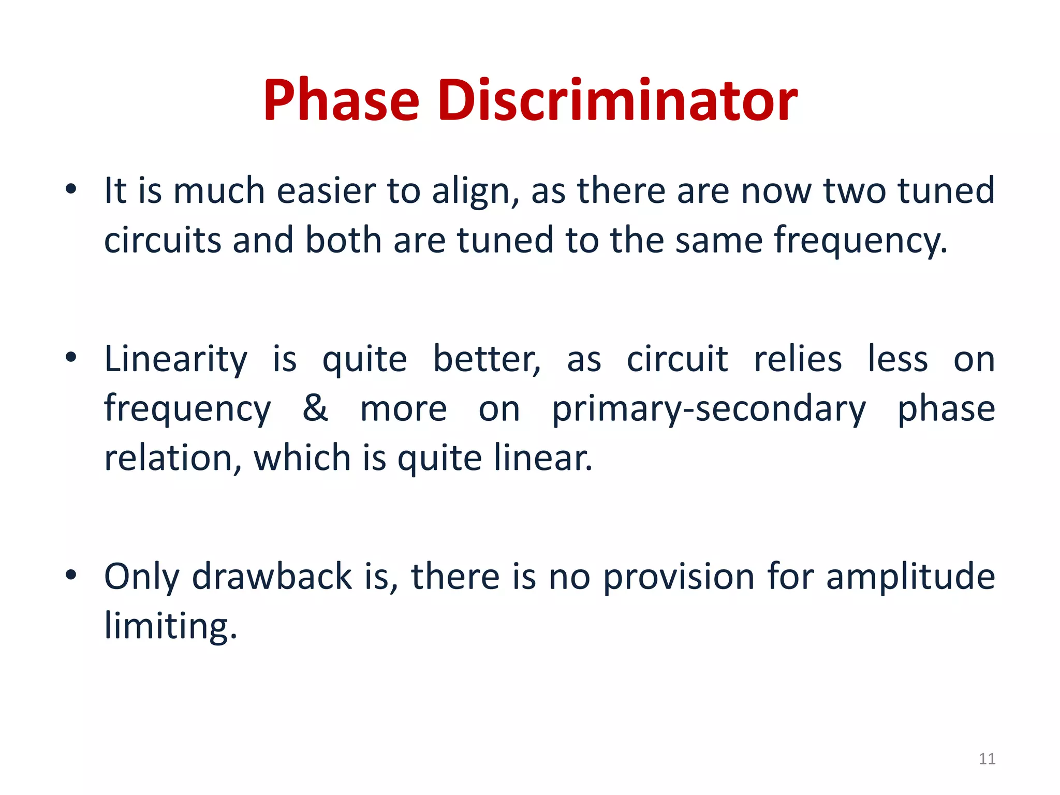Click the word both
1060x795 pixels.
343,240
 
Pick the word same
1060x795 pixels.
718,240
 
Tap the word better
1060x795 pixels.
487,359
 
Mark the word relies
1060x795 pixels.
798,359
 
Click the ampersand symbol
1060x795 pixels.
315,408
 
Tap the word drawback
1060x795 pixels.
272,576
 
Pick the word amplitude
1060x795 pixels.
910,577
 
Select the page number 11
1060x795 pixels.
987,759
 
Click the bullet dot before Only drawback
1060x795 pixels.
71,575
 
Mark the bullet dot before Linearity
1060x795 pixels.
71,357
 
